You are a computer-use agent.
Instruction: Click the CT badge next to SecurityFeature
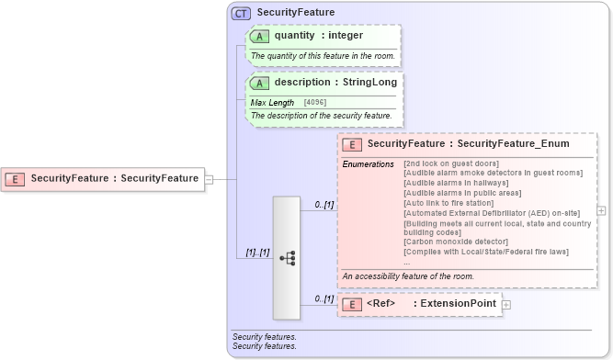coord(241,13)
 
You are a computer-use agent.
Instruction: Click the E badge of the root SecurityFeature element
coord(16,178)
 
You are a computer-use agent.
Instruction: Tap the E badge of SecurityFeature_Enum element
coord(352,144)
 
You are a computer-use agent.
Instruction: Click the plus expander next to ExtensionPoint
coord(506,304)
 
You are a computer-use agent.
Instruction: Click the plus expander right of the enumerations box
coord(601,210)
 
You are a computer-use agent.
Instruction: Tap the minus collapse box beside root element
coord(209,179)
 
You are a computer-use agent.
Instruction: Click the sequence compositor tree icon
coord(287,258)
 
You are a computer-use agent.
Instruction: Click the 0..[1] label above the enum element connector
coord(323,205)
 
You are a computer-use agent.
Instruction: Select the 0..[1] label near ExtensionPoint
coord(323,298)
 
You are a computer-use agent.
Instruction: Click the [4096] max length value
coord(315,102)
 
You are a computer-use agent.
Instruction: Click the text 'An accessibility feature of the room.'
coord(408,276)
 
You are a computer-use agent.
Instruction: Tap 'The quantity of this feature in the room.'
coord(323,56)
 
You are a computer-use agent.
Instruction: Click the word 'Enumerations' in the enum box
coord(369,163)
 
